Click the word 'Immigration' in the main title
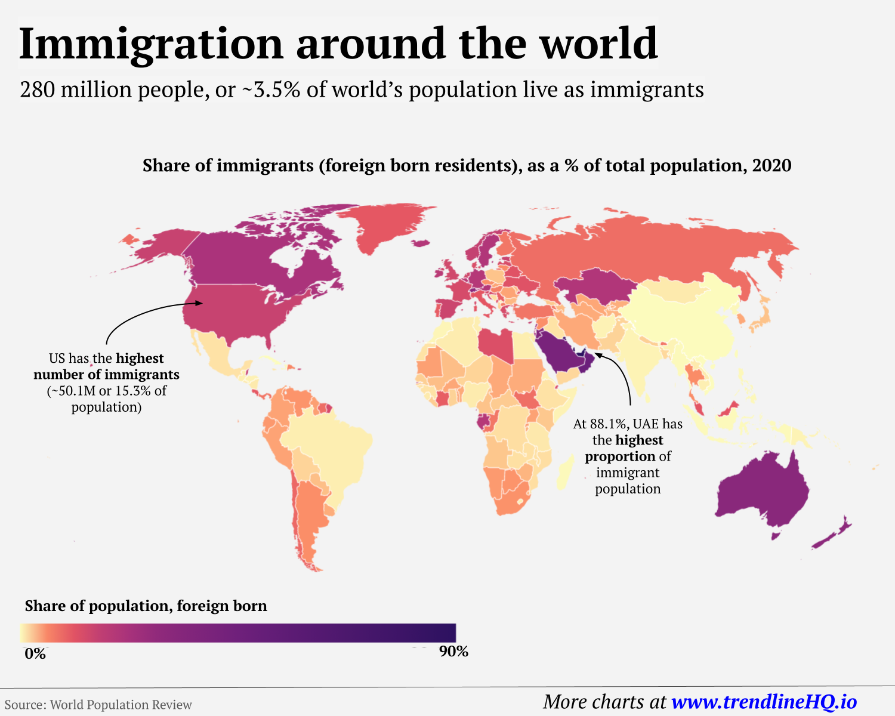pos(151,45)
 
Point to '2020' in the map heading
pos(771,165)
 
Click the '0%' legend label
pos(35,654)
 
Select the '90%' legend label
pos(453,652)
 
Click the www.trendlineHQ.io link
pos(764,702)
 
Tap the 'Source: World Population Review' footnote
pos(98,705)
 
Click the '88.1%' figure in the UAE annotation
pos(609,424)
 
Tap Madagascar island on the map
pos(562,474)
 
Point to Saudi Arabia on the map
pos(561,352)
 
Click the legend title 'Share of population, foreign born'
pos(146,606)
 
